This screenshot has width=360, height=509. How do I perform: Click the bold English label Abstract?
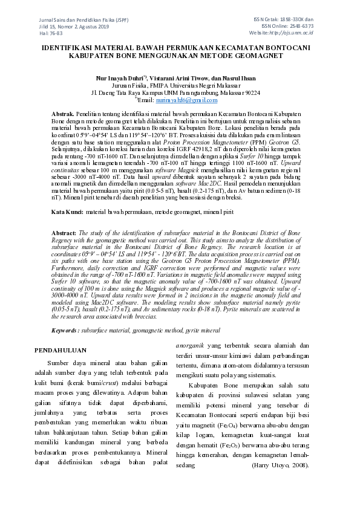[64, 232]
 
